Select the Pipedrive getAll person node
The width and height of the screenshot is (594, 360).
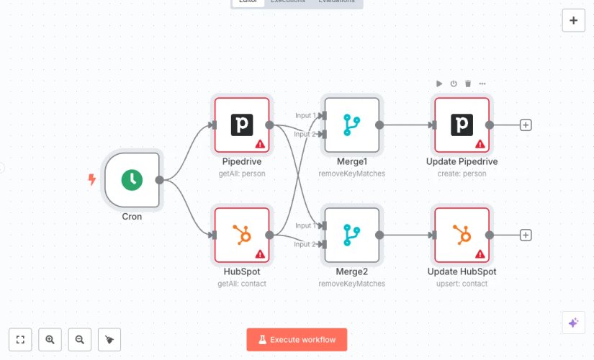tap(242, 125)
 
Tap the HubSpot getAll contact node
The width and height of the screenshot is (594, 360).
tap(242, 235)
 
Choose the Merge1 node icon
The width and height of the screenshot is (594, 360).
tap(352, 125)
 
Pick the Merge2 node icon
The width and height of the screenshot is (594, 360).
tap(352, 235)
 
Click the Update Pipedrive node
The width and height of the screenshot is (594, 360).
tap(462, 125)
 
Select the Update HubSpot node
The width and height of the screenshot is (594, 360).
tap(462, 235)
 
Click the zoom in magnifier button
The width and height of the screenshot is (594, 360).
tap(50, 340)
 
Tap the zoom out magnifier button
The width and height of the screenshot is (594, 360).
tap(80, 340)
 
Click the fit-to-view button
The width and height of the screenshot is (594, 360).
tap(20, 340)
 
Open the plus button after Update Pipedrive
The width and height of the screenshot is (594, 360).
tap(526, 125)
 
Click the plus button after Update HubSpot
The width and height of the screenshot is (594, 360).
tap(526, 235)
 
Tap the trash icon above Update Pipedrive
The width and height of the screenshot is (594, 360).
tap(468, 84)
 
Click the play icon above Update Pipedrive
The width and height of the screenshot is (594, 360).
tap(439, 84)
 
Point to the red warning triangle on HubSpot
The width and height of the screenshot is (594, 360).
tap(260, 254)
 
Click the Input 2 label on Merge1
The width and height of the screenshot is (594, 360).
tap(305, 134)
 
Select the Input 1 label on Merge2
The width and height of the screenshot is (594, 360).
tap(305, 225)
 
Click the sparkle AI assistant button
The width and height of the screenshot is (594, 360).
tap(573, 323)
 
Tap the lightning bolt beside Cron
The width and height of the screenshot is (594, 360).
tap(91, 180)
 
